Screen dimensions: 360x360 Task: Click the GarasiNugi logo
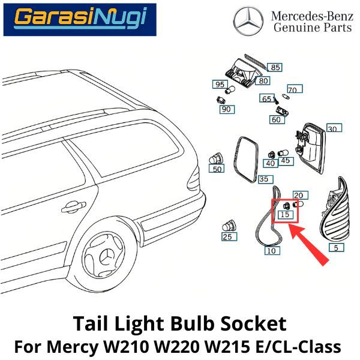pos(80,20)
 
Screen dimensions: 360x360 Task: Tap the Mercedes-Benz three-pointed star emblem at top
pos(248,21)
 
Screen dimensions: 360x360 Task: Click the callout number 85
pos(275,67)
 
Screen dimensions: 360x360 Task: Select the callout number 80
pos(263,80)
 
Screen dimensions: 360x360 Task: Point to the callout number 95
pos(220,84)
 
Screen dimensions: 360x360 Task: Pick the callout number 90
pos(226,109)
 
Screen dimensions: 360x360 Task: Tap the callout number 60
pos(276,119)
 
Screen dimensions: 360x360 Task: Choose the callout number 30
pos(332,128)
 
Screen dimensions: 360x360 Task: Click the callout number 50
pos(217,169)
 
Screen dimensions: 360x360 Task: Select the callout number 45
pos(286,160)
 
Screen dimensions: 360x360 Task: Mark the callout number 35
pos(264,179)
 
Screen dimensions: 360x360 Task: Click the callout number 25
pos(227,237)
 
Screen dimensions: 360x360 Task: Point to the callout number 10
pos(271,250)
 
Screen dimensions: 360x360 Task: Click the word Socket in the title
pos(256,325)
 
